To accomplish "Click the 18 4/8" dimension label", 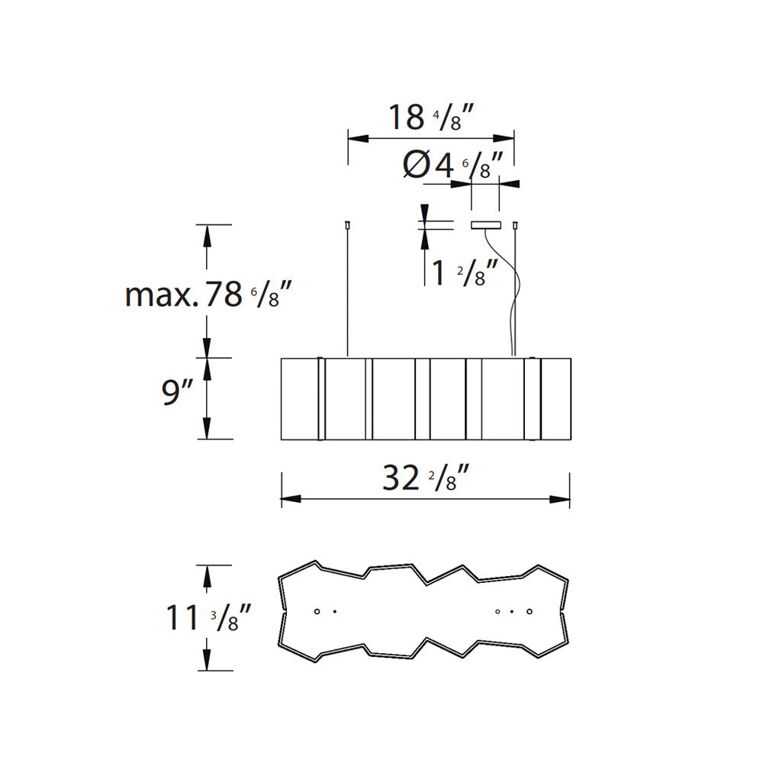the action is (430, 118).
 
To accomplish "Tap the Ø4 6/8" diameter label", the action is (452, 165).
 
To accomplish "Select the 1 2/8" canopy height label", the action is (465, 272).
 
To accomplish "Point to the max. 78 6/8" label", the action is (208, 295).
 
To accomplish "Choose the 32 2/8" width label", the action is (426, 478).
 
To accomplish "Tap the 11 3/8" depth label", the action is (209, 617).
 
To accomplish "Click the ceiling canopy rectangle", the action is (485, 225).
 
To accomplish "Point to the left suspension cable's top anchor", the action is (347, 225).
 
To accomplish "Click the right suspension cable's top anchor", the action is (515, 225).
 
